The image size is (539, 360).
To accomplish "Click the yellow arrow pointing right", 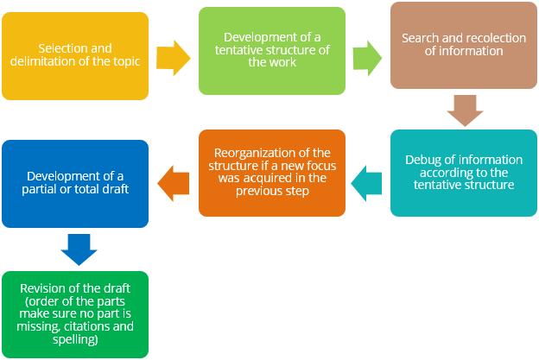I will [174, 56].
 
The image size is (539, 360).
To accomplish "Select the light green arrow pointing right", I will [366, 56].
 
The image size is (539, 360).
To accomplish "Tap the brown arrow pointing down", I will [464, 110].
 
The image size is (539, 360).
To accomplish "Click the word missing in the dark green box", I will [40, 326].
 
